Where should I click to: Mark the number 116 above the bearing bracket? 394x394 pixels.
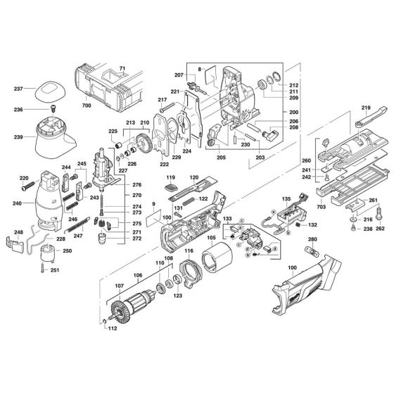click(189, 251)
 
